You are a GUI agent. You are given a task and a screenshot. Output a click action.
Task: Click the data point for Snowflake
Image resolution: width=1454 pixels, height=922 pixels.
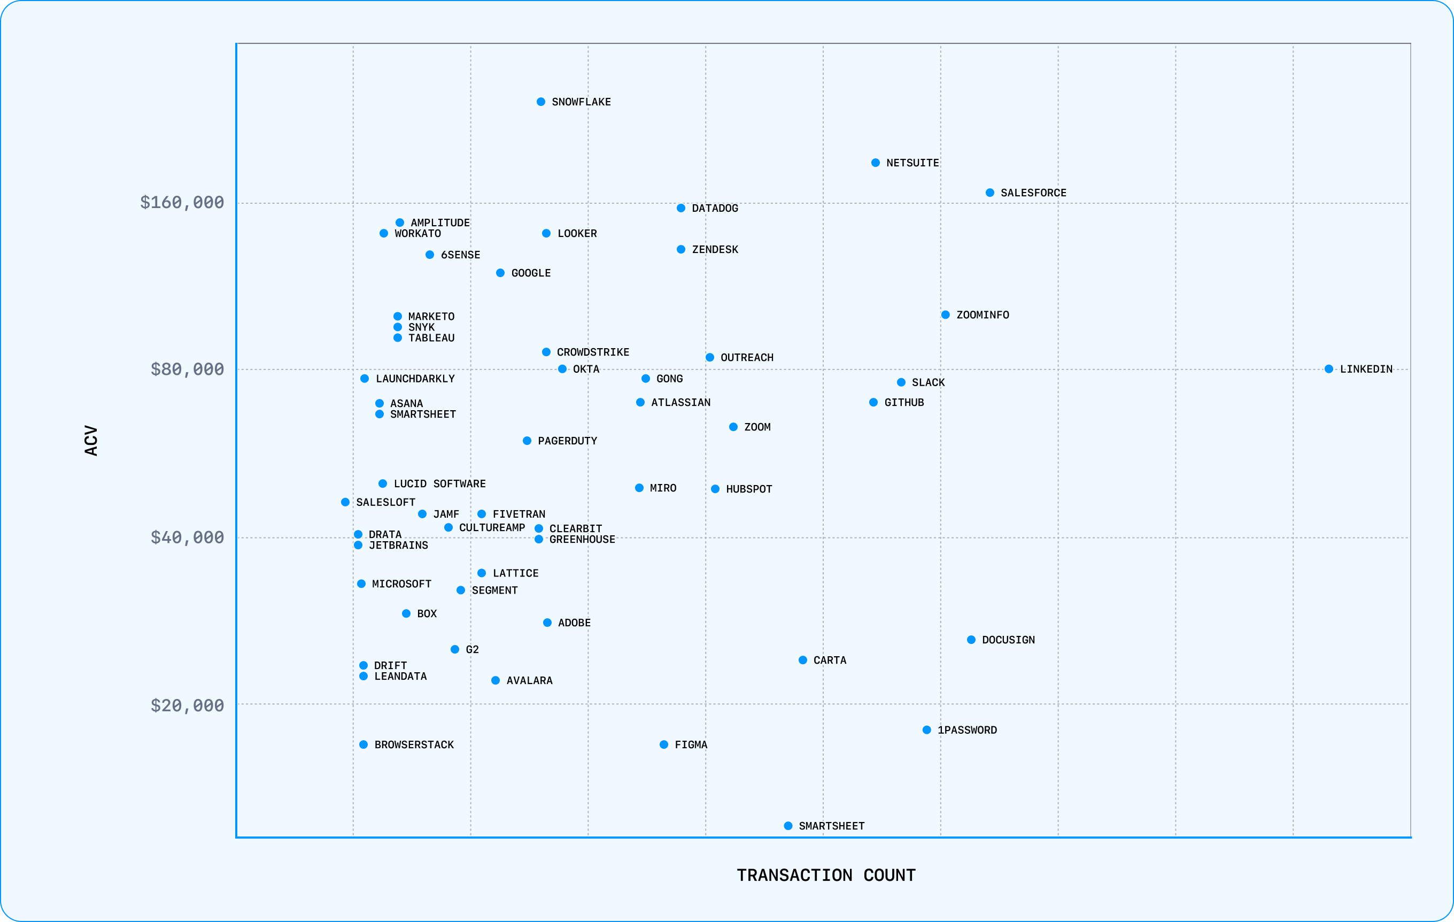click(541, 102)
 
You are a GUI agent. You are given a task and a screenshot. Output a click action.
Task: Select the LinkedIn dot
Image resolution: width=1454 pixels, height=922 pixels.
click(1328, 369)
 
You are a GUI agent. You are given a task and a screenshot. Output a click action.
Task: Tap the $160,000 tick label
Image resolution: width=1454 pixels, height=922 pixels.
click(182, 202)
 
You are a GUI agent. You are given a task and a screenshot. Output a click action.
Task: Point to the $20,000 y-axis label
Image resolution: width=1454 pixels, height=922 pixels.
click(187, 705)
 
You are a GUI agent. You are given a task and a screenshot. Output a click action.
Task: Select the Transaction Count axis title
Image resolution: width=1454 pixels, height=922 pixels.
click(825, 875)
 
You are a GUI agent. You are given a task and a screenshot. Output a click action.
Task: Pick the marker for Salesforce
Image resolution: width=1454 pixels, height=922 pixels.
click(989, 193)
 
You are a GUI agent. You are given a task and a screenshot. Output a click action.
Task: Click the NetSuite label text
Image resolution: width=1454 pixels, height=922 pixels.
click(912, 163)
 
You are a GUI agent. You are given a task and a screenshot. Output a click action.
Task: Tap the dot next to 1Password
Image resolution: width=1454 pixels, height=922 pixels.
click(926, 730)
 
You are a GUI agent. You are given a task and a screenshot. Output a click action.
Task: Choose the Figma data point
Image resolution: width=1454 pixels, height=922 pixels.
click(663, 744)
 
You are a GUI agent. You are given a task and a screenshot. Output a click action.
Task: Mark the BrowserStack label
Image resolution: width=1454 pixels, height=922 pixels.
click(414, 745)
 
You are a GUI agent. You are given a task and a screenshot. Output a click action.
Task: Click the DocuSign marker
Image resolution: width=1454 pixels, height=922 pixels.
click(971, 640)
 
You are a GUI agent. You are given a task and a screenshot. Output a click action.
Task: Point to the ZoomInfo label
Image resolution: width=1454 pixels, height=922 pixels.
click(983, 315)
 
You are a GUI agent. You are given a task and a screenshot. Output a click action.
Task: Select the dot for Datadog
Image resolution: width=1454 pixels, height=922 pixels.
click(680, 209)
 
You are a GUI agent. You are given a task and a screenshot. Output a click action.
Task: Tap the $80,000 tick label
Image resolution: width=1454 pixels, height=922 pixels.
click(187, 369)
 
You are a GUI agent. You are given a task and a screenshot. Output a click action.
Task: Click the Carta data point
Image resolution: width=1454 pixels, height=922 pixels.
click(802, 660)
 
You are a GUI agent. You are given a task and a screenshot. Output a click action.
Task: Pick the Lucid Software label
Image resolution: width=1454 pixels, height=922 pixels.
click(439, 484)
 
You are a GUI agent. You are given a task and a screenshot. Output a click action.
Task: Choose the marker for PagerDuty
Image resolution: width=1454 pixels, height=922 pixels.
click(527, 441)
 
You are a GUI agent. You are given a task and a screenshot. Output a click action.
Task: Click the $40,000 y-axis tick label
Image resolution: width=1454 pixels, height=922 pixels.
click(187, 537)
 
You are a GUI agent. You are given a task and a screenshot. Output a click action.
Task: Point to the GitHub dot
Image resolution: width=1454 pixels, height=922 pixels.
click(873, 402)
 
